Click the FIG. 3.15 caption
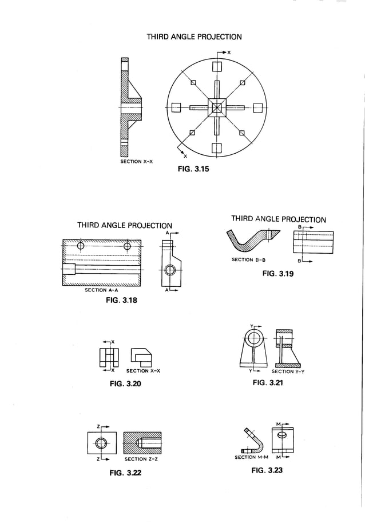pos(194,169)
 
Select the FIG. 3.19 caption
pos(277,274)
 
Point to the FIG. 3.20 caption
pos(125,383)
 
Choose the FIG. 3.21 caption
pos(268,382)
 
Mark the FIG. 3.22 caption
pos(126,473)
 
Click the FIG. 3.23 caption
pos(267,470)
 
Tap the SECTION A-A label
pos(101,290)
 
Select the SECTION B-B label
pos(249,260)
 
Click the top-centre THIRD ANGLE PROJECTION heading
pos(194,37)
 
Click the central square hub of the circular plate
pos(217,107)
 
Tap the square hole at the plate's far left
pos(176,107)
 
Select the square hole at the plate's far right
pos(257,107)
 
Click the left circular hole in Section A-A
pos(81,246)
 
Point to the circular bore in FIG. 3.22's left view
pos(102,443)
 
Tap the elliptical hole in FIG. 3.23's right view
pos(281,435)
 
